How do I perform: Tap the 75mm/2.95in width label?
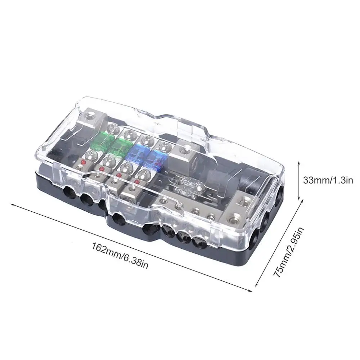289,252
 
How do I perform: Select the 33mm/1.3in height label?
328,180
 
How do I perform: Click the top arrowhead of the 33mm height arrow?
299,163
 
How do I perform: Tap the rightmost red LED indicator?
137,182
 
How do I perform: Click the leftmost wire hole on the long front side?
69,191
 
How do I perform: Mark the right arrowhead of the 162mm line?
250,291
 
